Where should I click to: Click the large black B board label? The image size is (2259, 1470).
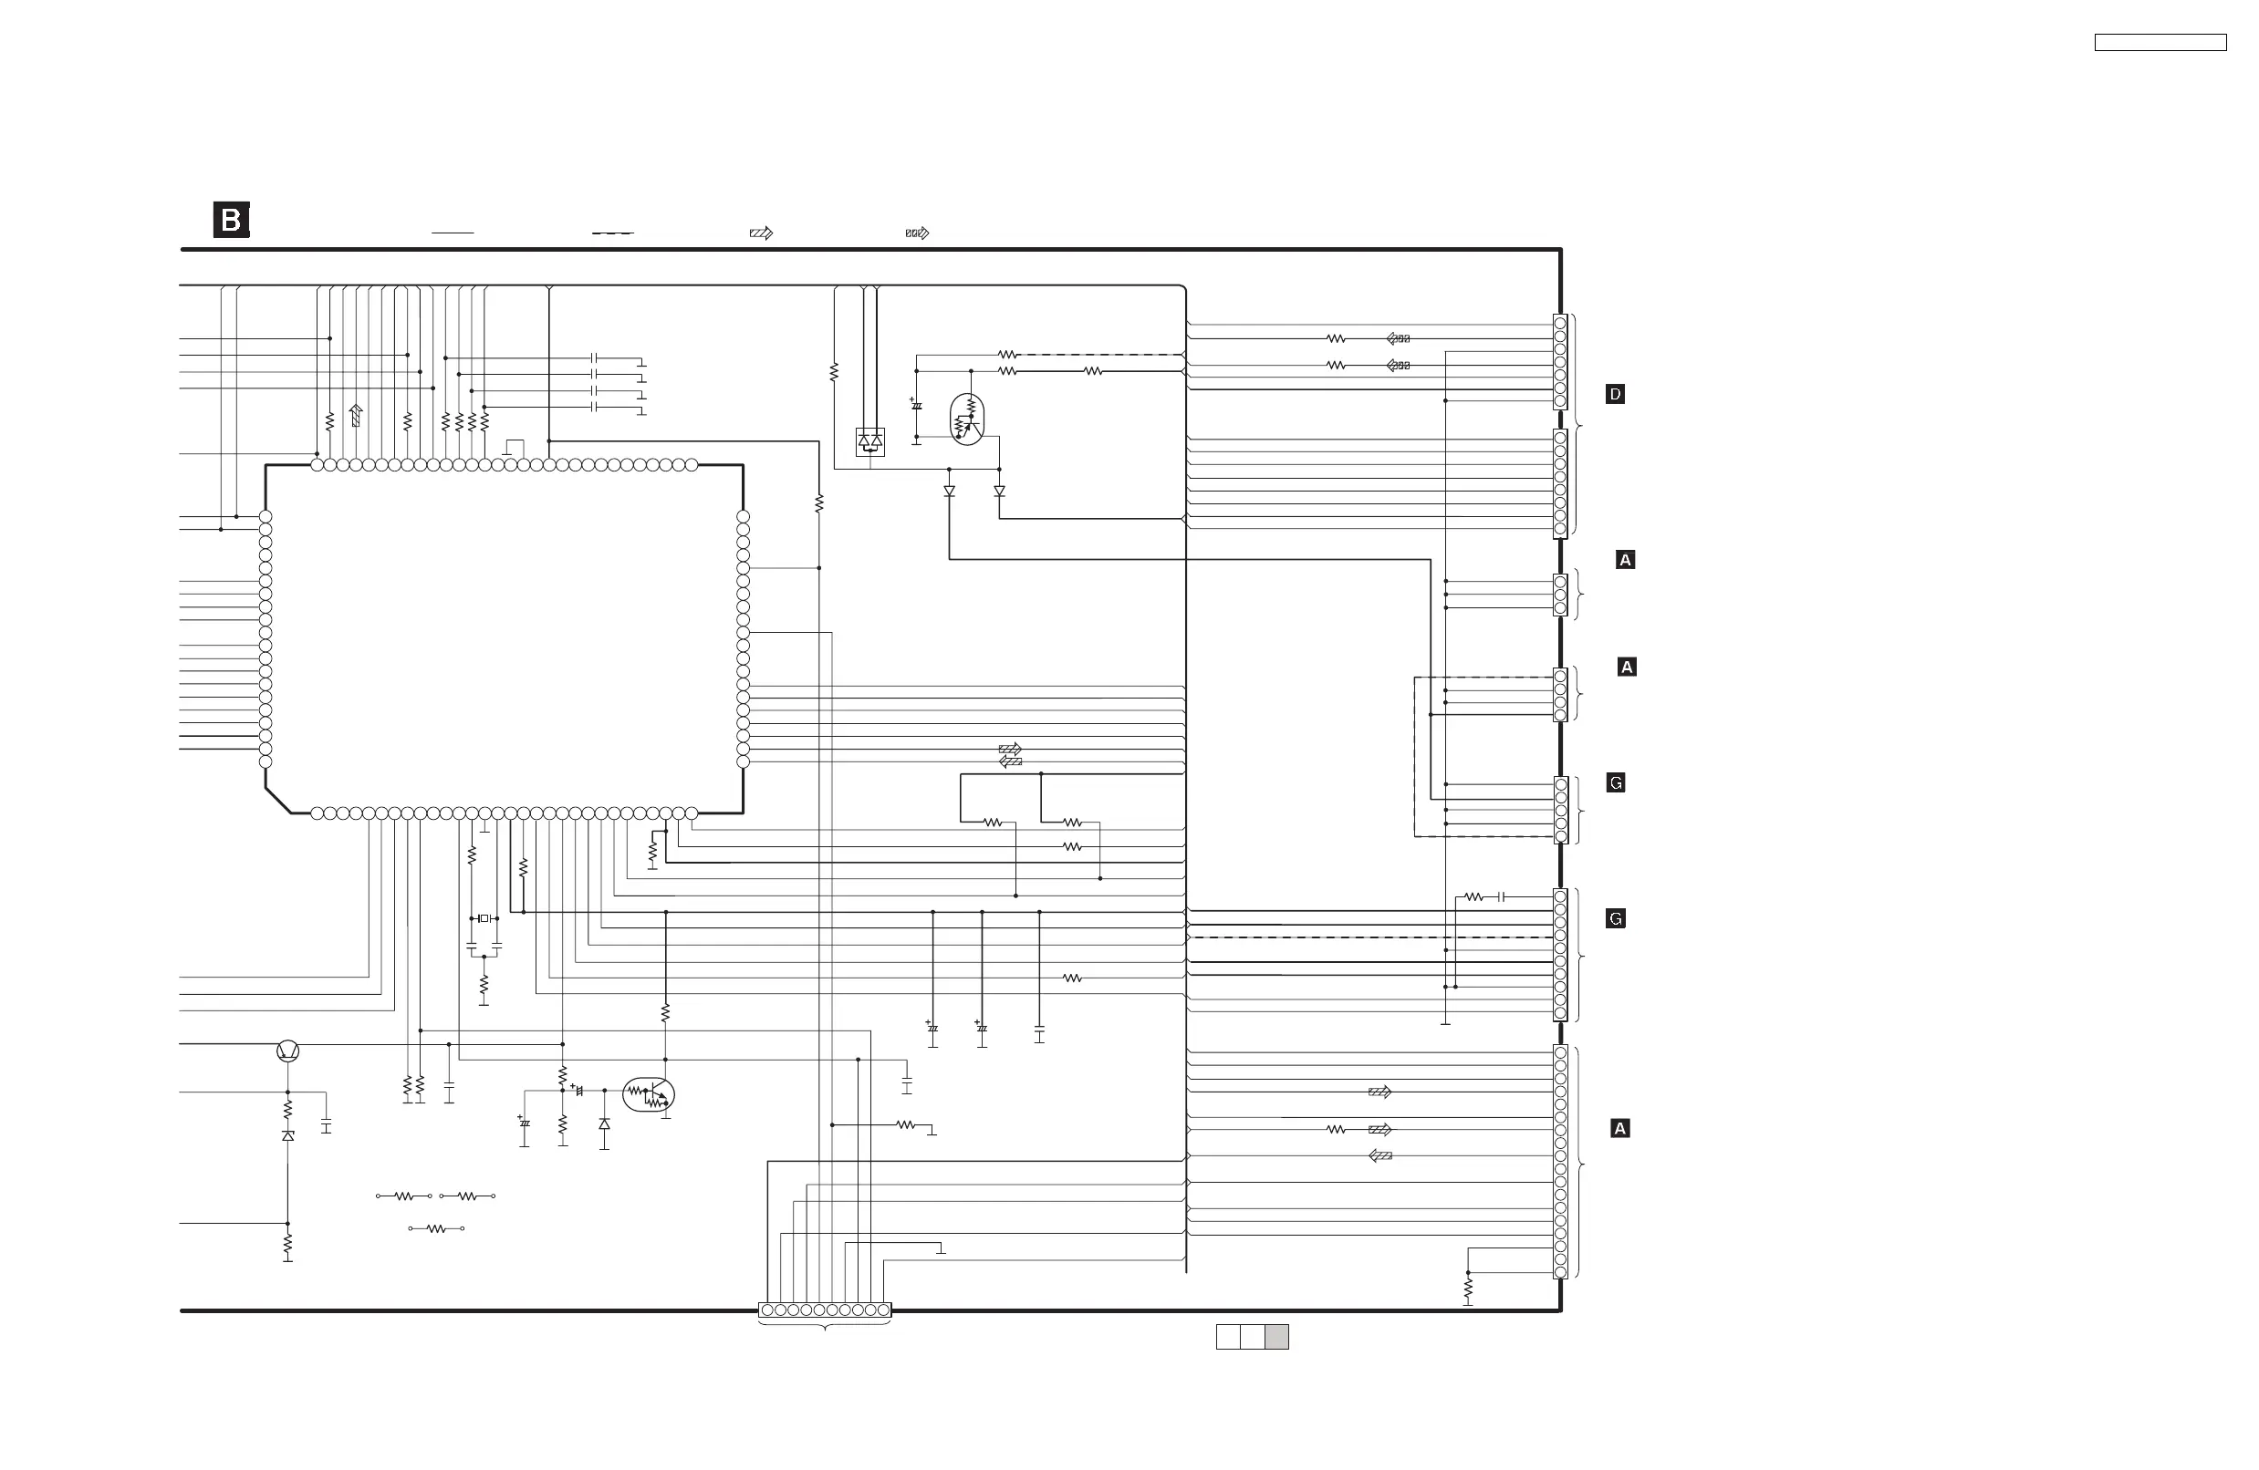coord(231,220)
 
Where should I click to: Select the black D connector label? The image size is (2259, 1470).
coord(1615,394)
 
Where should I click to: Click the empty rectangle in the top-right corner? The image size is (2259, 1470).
coord(2160,43)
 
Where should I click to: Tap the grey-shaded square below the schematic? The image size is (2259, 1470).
coord(1276,1336)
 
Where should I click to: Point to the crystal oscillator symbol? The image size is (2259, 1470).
coord(484,918)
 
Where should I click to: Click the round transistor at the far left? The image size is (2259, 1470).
coord(287,1051)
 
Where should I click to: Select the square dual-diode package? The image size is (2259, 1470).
coord(870,441)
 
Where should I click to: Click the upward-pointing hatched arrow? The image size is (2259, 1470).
coord(356,415)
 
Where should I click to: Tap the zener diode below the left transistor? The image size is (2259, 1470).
coord(287,1136)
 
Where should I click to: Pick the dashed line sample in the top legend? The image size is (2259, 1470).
coord(612,233)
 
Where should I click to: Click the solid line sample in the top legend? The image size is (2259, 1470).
coord(452,233)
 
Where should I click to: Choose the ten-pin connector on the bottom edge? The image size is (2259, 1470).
coord(825,1310)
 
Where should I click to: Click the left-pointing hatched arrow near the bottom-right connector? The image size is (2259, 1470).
coord(1380,1156)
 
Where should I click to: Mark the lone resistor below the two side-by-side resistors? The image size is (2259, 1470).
coord(436,1229)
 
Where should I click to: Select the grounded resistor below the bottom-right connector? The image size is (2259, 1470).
coord(1467,1289)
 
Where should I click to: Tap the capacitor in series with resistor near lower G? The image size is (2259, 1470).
coord(1501,896)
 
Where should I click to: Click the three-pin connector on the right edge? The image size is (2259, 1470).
coord(1559,595)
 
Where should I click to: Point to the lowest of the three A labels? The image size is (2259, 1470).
coord(1620,1128)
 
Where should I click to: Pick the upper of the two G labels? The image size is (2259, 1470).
coord(1616,783)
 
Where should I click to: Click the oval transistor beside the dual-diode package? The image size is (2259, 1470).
coord(967,419)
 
